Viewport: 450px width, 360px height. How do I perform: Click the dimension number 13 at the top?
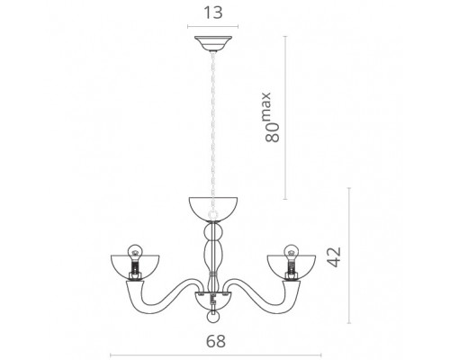pyautogui.click(x=213, y=13)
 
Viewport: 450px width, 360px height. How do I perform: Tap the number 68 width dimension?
pyautogui.click(x=216, y=341)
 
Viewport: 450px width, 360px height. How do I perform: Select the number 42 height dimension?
pyautogui.click(x=334, y=256)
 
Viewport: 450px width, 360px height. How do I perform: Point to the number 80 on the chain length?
pyautogui.click(x=273, y=132)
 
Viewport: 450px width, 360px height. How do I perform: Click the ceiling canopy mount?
pyautogui.click(x=213, y=43)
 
